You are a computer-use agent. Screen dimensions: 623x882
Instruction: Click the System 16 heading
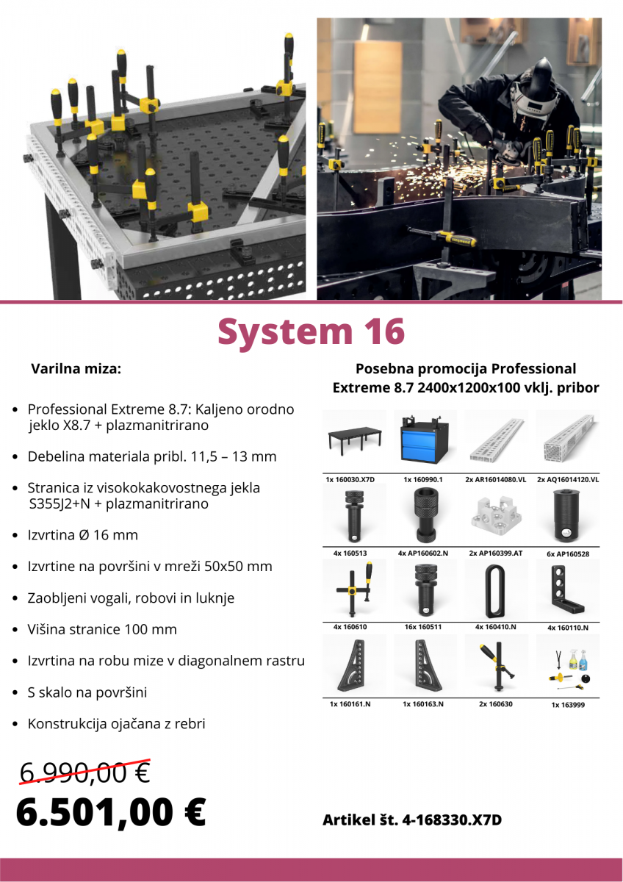click(311, 331)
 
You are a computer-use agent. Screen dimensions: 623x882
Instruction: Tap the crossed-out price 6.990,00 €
click(85, 772)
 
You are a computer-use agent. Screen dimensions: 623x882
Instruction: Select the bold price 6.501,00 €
click(111, 812)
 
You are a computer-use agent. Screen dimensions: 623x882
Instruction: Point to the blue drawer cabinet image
click(425, 438)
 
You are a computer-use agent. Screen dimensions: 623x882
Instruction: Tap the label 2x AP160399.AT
click(495, 553)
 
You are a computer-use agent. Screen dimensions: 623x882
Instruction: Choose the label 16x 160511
click(422, 627)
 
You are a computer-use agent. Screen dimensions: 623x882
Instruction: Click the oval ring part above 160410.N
click(494, 591)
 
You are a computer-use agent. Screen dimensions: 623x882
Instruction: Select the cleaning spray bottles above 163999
click(578, 659)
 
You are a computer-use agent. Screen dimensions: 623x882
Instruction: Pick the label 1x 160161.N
click(350, 704)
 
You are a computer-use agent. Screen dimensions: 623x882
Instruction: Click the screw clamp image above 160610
click(354, 589)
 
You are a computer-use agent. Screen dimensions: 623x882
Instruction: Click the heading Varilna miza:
click(76, 369)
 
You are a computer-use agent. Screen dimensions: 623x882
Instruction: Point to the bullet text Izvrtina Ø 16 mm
click(82, 535)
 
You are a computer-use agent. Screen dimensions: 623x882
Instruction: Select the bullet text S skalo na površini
click(87, 692)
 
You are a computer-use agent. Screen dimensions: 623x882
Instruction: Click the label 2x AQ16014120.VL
click(568, 479)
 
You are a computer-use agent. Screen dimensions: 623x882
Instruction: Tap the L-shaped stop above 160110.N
click(566, 589)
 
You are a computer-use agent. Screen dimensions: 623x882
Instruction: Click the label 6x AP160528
click(568, 554)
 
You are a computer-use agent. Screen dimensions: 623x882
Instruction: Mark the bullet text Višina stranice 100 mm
click(102, 629)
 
